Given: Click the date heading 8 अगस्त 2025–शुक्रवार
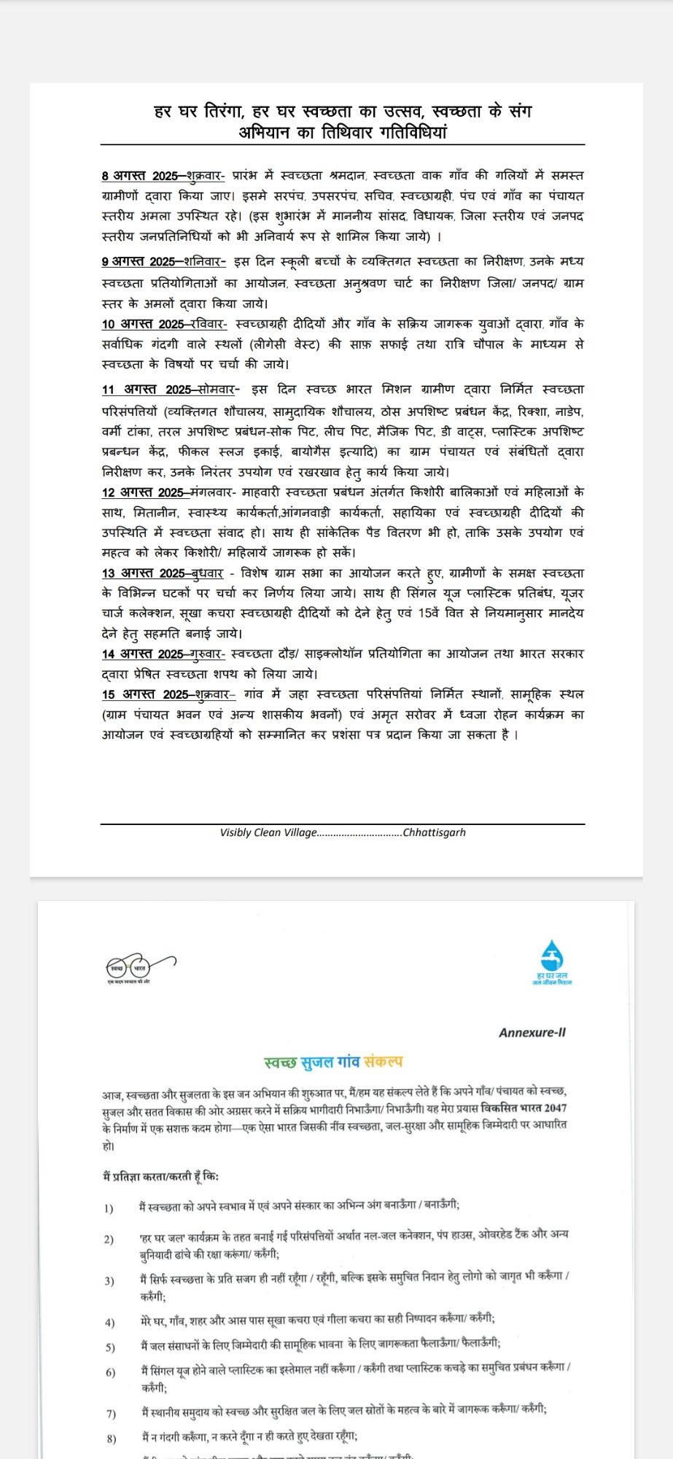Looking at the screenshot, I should [x=163, y=176].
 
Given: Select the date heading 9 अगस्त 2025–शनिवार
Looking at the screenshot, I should [x=163, y=262].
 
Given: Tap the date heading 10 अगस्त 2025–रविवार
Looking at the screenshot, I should [x=164, y=324].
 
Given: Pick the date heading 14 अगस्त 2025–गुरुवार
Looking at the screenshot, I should [x=163, y=654].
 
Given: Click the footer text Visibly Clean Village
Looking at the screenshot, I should [x=268, y=832].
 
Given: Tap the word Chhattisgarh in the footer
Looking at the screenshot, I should [x=435, y=832].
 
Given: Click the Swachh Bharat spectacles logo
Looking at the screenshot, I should [x=140, y=970].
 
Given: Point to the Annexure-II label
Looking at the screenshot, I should [x=532, y=1032].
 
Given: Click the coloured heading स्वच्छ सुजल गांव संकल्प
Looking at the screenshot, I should [x=333, y=1062].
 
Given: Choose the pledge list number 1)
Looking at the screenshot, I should [x=109, y=1209].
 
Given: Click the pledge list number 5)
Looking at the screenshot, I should [x=110, y=1347].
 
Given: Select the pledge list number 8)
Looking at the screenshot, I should [x=111, y=1439].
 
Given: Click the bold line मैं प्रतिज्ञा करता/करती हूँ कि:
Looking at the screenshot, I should [x=160, y=1176].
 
